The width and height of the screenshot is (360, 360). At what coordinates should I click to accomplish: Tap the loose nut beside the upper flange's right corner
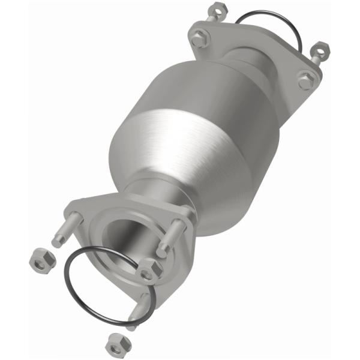coord(322,49)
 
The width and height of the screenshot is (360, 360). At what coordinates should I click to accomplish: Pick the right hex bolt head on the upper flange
coord(305,80)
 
